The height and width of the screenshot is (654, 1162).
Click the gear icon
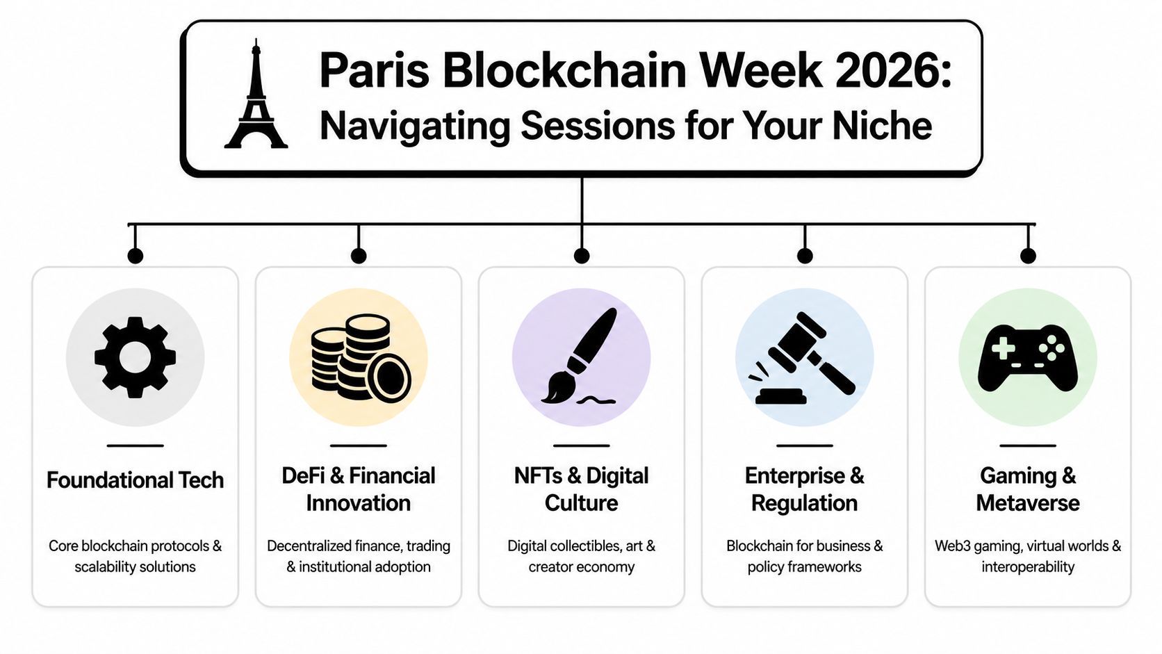pos(136,357)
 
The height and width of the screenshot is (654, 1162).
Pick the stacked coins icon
pos(359,357)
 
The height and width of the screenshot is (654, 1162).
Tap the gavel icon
pos(804,357)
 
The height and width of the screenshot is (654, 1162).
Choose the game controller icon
pos(1027,357)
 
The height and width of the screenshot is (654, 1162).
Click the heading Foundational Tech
pos(136,480)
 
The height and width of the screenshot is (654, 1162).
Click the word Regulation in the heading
pos(804,503)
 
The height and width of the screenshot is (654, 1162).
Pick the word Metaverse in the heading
pos(1027,503)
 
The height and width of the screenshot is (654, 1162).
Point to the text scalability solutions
pos(136,567)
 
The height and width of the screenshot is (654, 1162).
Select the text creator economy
pos(581,567)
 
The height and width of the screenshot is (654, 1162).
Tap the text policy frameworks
pos(804,567)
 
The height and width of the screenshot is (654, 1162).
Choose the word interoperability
pos(1027,567)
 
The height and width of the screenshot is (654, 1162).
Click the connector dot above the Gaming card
pos(1028,256)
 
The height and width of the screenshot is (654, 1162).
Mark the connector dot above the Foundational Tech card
pos(136,256)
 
